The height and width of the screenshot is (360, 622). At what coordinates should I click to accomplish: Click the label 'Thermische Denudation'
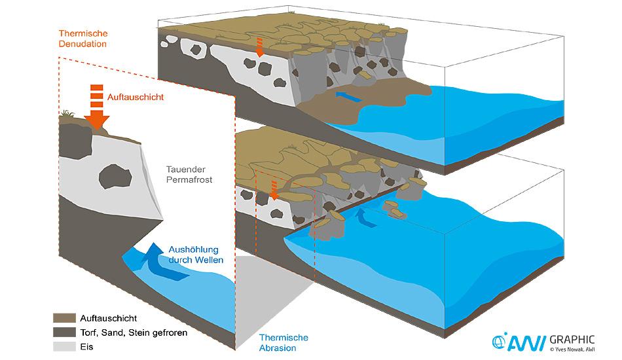tap(82, 39)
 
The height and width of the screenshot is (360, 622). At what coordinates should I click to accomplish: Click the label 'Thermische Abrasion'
tap(283, 342)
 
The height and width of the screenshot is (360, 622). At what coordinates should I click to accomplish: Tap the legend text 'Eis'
tap(85, 347)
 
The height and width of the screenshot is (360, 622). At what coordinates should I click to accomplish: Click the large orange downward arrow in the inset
tap(96, 107)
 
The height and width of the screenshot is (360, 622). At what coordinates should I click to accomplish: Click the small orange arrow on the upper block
tap(261, 47)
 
